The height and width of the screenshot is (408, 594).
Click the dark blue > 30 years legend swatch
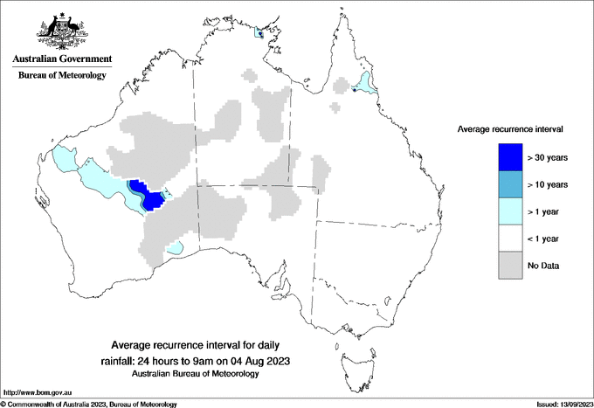pyautogui.click(x=510, y=156)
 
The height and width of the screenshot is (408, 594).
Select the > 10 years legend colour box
pyautogui.click(x=510, y=183)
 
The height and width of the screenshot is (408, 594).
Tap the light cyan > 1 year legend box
pyautogui.click(x=510, y=211)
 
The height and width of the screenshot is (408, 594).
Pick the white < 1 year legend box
pyautogui.click(x=510, y=238)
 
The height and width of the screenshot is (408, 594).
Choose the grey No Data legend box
pyautogui.click(x=510, y=265)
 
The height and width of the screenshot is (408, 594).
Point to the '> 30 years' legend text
pyautogui.click(x=548, y=157)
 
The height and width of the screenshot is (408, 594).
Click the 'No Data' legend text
pyautogui.click(x=544, y=265)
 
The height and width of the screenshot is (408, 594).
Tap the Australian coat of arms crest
pyautogui.click(x=62, y=30)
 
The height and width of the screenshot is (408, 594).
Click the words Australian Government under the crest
pyautogui.click(x=62, y=59)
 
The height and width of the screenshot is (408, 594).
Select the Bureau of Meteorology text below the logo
pyautogui.click(x=62, y=75)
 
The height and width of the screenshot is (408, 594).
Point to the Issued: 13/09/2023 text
pyautogui.click(x=563, y=404)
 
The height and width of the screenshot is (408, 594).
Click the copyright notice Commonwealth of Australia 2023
pyautogui.click(x=87, y=404)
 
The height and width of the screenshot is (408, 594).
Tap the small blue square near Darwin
pyautogui.click(x=259, y=34)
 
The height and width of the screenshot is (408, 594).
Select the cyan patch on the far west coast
pyautogui.click(x=64, y=160)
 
